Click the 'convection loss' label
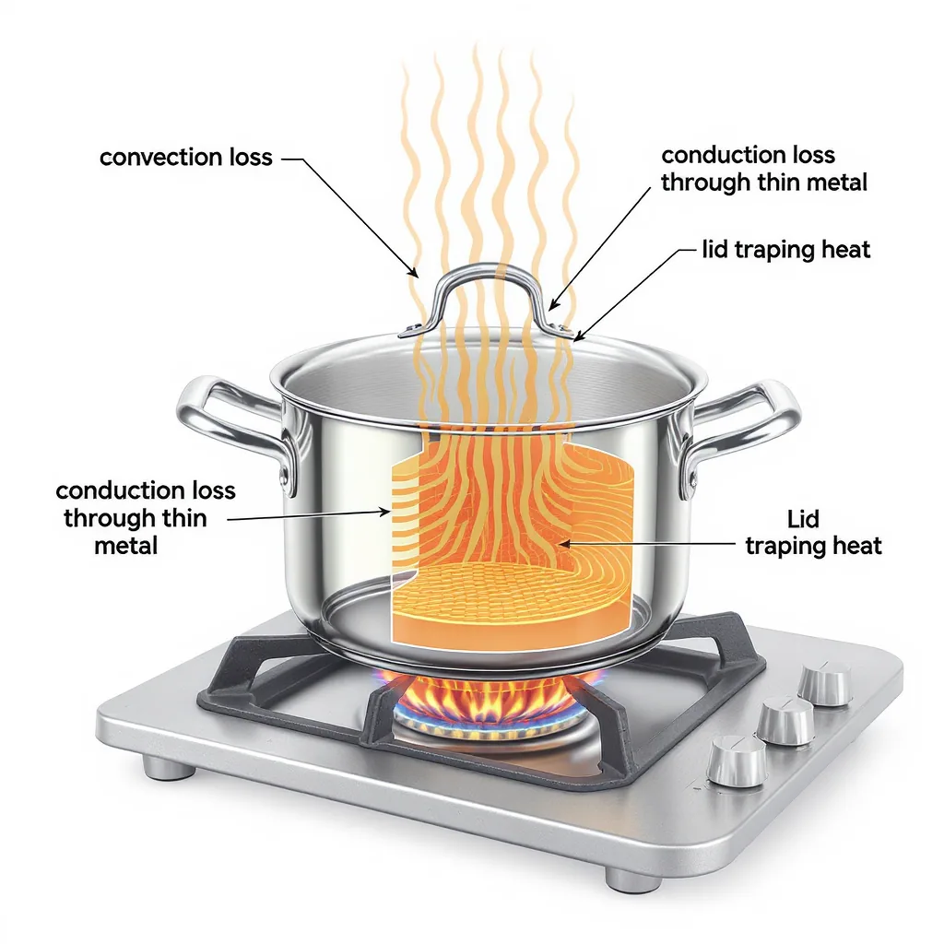tap(185, 157)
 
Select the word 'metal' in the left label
tap(125, 546)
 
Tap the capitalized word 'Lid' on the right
tap(803, 518)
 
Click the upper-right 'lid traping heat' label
tap(785, 249)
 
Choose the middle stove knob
tap(785, 719)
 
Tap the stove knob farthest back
tap(825, 683)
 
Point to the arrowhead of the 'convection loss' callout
tap(417, 274)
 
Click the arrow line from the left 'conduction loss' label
tap(304, 516)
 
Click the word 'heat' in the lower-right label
tap(854, 546)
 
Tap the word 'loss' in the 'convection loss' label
tap(249, 157)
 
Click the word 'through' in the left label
tap(107, 518)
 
